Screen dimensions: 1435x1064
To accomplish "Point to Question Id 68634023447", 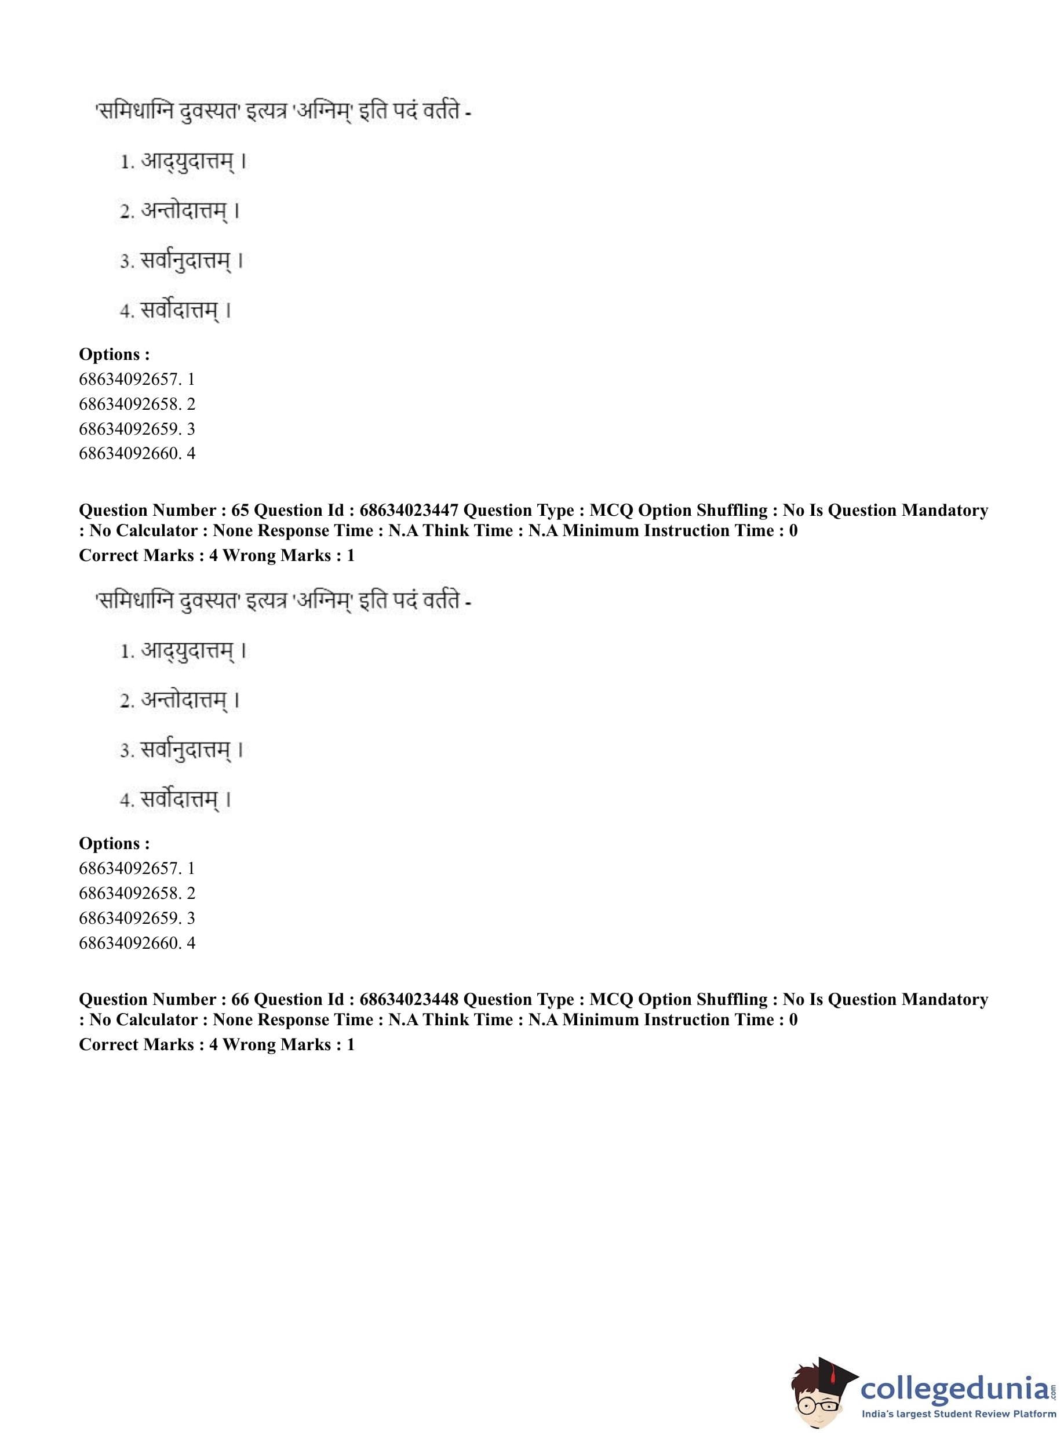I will (409, 510).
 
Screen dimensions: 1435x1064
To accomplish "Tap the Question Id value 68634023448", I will (409, 999).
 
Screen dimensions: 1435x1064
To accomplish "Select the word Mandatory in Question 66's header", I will (944, 999).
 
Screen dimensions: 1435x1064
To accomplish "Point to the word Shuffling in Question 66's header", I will (733, 999).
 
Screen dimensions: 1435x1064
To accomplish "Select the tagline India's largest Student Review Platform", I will (959, 1415).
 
